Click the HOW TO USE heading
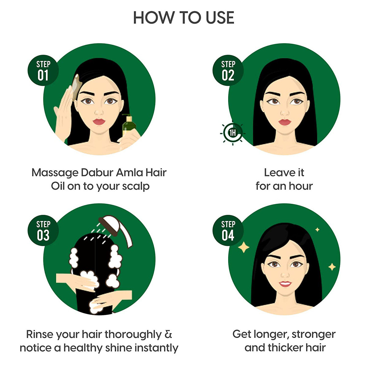click(x=184, y=18)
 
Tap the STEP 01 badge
click(x=43, y=71)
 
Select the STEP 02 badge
click(x=228, y=71)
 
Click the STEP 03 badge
click(x=43, y=231)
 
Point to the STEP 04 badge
click(x=228, y=231)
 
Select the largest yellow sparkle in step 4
click(x=244, y=247)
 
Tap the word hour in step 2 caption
click(x=299, y=186)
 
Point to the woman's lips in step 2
click(x=285, y=122)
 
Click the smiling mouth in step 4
click(x=285, y=284)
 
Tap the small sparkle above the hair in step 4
click(x=317, y=229)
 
